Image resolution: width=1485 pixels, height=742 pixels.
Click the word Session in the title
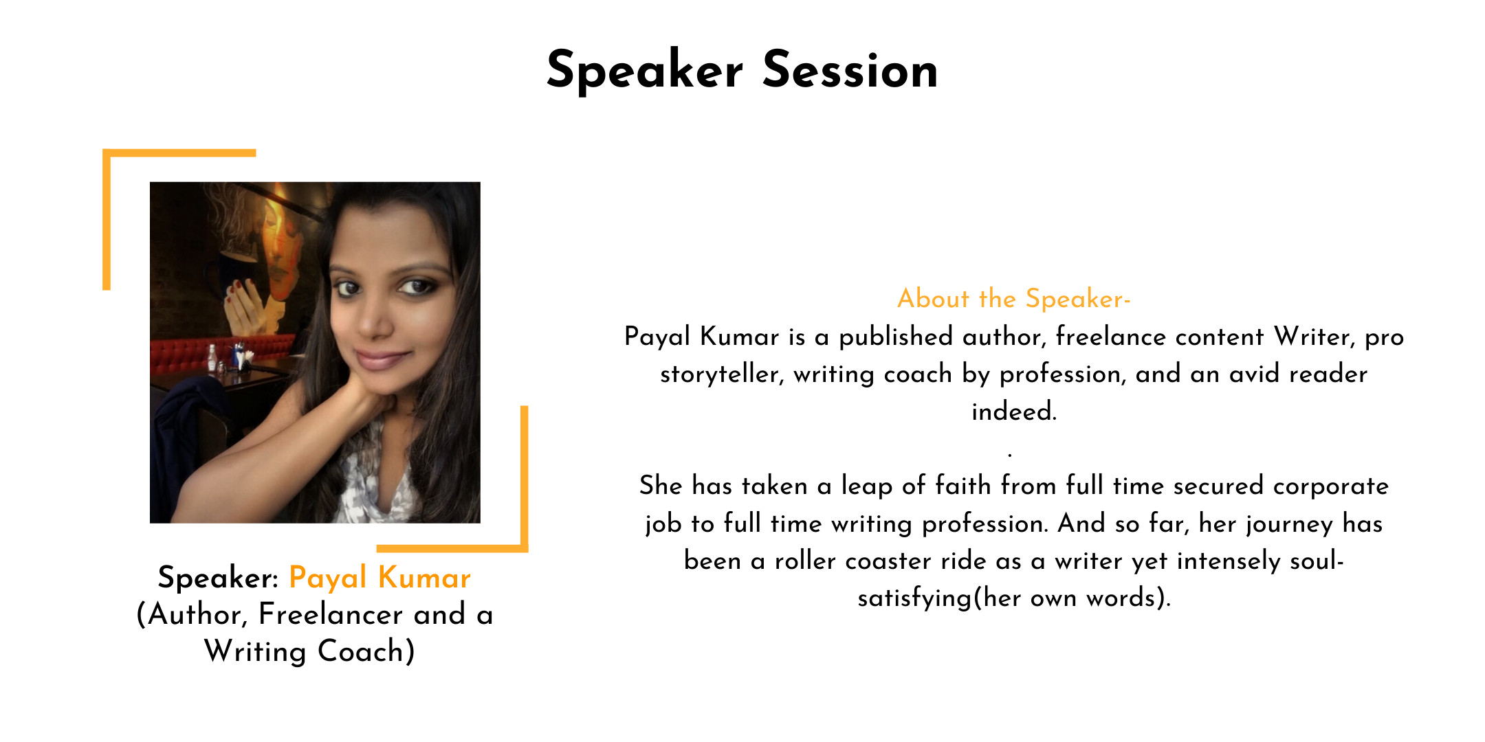(x=850, y=70)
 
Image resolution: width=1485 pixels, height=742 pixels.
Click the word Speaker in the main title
(x=645, y=70)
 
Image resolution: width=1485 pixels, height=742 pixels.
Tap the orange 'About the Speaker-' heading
(x=1014, y=299)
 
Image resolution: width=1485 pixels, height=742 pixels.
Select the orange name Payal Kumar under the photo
(x=379, y=578)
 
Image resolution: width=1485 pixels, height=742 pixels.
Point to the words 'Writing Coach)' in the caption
(x=310, y=651)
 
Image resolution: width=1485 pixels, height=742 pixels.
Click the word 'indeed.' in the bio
(x=1014, y=412)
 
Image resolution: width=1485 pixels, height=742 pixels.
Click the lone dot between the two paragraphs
(x=1009, y=454)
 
